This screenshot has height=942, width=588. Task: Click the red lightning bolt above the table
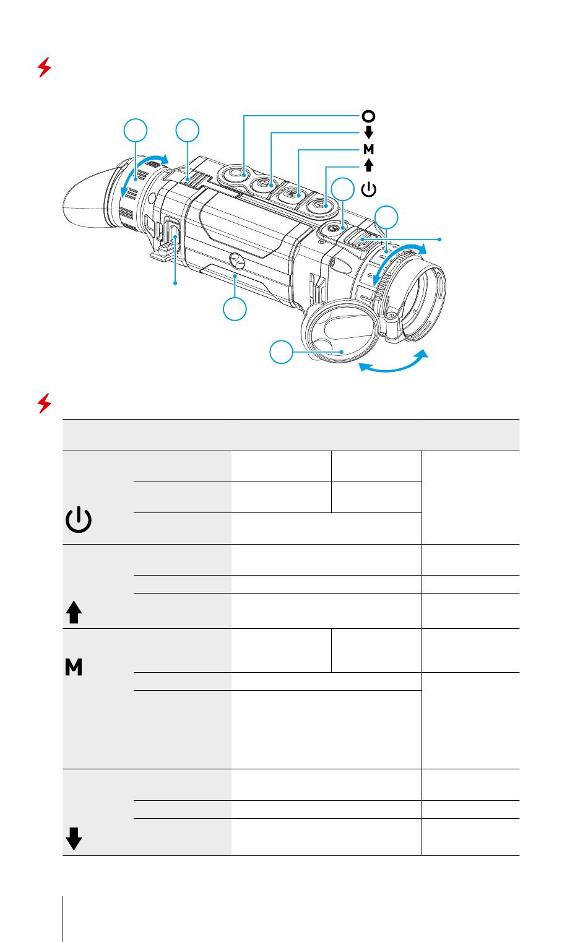tap(44, 404)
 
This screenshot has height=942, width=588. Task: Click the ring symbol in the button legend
tap(368, 116)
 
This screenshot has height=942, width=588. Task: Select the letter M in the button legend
tap(368, 149)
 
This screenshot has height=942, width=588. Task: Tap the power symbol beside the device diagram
tap(368, 189)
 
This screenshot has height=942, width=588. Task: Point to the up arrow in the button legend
tap(368, 165)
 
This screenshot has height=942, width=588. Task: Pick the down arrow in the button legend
tap(368, 132)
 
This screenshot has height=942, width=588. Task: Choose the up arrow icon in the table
tap(74, 613)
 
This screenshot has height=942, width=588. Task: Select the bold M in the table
tap(74, 668)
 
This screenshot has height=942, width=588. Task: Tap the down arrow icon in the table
tap(74, 839)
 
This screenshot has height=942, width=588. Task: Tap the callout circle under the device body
tap(235, 308)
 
